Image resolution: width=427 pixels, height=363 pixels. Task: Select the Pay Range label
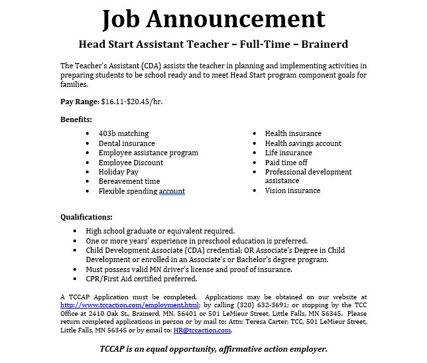[x=80, y=102]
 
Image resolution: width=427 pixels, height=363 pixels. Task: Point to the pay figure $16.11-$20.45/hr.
[x=131, y=102]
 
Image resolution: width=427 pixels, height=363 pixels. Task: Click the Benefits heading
[x=76, y=119]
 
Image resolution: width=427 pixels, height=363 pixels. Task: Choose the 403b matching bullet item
[x=123, y=133]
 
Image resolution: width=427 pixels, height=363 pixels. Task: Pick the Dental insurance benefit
[x=127, y=143]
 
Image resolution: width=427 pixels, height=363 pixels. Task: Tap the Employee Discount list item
[x=131, y=163]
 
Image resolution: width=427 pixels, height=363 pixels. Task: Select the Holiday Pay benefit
[x=118, y=172]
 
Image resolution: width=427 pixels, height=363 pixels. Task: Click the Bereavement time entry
[x=129, y=181]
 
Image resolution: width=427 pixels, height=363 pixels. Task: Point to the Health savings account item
[x=303, y=143]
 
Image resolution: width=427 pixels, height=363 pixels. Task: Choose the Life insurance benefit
[x=288, y=153]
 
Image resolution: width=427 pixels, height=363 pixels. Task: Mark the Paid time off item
[x=286, y=163]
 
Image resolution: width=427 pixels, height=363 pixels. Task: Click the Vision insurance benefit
[x=292, y=190]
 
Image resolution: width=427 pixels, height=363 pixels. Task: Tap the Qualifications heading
[x=86, y=217]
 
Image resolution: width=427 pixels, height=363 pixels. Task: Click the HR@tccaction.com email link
[x=202, y=330]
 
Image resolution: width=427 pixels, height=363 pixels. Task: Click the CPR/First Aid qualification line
[x=142, y=279]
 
